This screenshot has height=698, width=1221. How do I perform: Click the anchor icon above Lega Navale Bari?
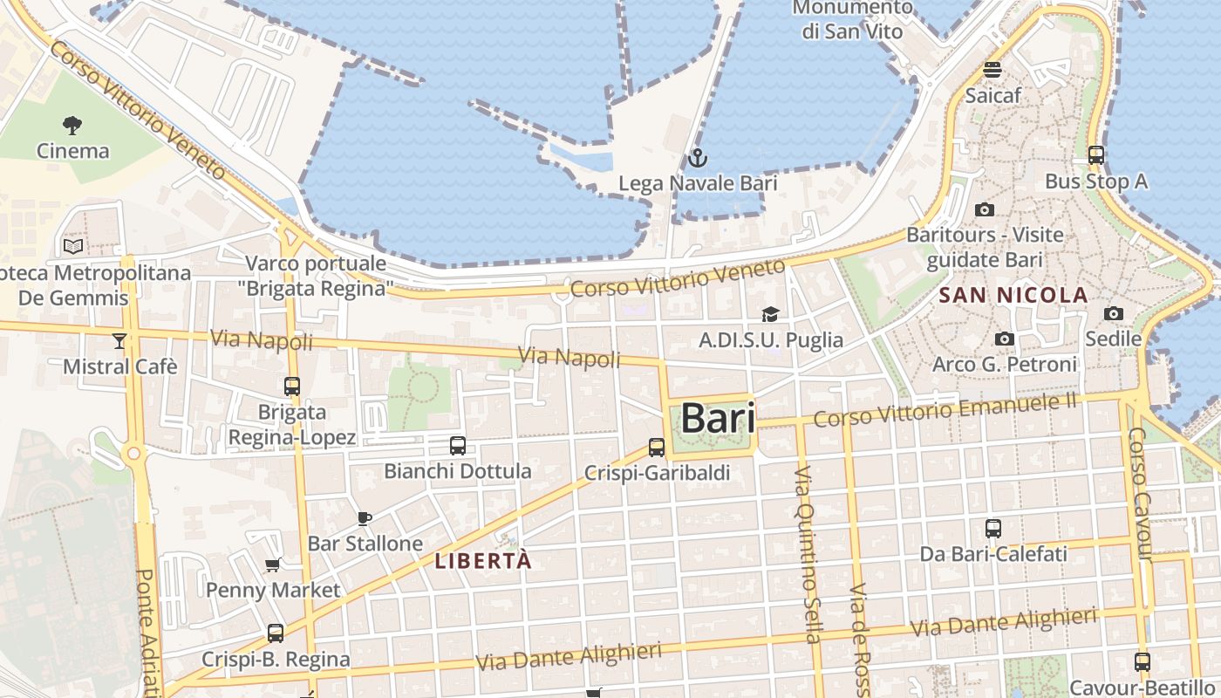[x=697, y=158]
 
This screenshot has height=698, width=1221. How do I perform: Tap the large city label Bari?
[x=717, y=418]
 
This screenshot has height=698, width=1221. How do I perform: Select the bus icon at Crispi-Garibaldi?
[x=657, y=448]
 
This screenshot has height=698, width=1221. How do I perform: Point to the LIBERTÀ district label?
[x=482, y=561]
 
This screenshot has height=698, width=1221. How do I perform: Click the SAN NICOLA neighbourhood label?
[x=1013, y=295]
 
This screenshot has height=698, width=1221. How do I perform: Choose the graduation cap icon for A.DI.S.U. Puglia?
[x=770, y=314]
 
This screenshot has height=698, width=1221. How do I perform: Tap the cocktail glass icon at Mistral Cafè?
[x=119, y=340]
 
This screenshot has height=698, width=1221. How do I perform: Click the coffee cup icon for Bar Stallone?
[x=365, y=518]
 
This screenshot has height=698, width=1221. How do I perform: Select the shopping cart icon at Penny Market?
[x=273, y=565]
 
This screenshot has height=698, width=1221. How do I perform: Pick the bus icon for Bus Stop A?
[x=1096, y=155]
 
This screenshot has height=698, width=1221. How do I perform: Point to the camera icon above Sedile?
[x=1114, y=313]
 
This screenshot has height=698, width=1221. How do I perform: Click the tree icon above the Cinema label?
[x=73, y=126]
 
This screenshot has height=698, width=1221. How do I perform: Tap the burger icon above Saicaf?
[x=992, y=69]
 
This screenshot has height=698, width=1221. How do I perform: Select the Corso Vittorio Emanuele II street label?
[x=945, y=409]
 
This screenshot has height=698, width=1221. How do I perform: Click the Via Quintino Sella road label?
[x=808, y=567]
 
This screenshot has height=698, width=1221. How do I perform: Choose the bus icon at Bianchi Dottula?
[x=457, y=446]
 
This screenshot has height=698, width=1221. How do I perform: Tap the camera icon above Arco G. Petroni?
[x=1005, y=339]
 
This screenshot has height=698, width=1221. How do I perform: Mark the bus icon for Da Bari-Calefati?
[x=993, y=528]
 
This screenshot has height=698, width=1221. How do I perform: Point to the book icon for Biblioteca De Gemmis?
[x=73, y=247]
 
